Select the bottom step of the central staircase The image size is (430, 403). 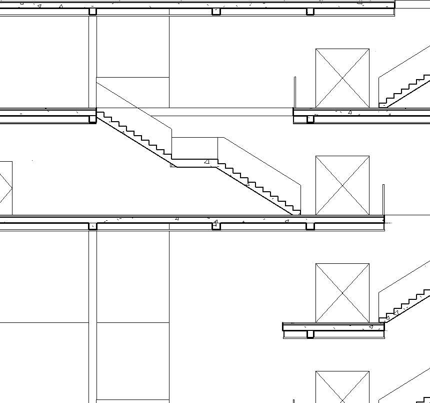click(x=296, y=212)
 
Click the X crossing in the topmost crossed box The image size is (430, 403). click(x=342, y=78)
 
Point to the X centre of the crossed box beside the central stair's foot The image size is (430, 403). click(x=342, y=185)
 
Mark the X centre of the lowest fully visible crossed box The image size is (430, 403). click(x=342, y=293)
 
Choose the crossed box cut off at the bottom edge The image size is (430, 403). click(x=342, y=388)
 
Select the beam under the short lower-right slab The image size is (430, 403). click(x=310, y=334)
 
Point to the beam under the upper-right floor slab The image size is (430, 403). click(x=310, y=119)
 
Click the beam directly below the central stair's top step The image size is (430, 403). click(x=92, y=119)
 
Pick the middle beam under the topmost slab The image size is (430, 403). click(x=216, y=12)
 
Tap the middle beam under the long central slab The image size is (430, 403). click(x=216, y=226)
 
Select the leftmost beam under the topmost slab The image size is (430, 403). click(x=92, y=12)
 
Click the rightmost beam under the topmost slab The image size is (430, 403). click(x=310, y=12)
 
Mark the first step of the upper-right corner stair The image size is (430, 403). click(x=382, y=105)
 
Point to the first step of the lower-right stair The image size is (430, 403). click(x=382, y=318)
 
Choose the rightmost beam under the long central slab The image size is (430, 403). click(x=310, y=226)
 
